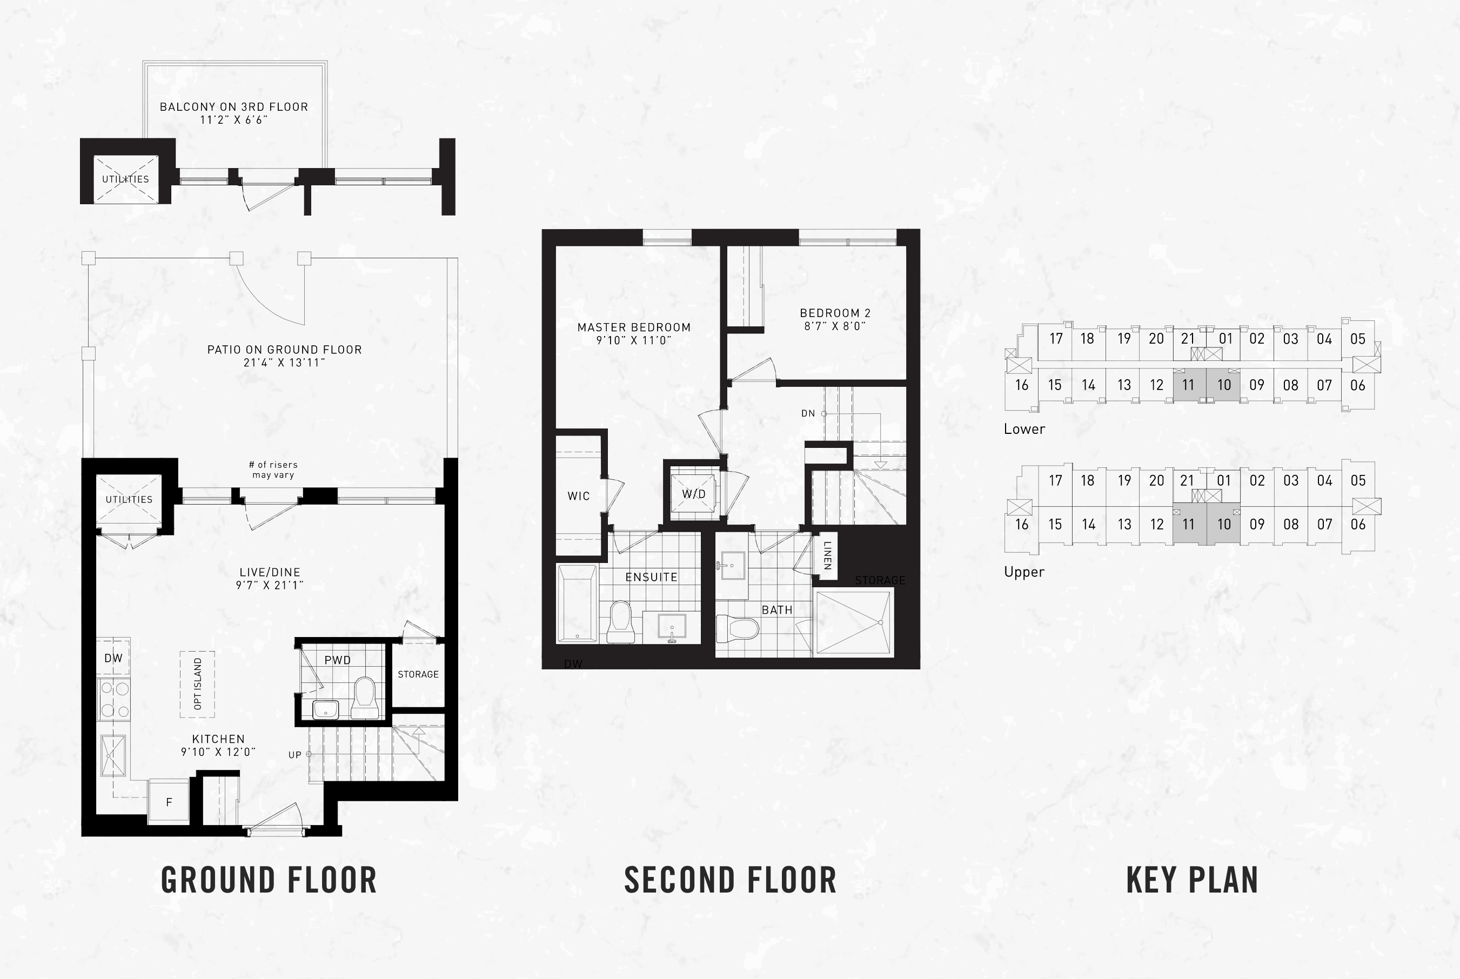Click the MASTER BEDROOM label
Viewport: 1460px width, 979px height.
[x=634, y=327]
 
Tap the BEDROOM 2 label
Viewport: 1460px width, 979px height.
[x=835, y=313]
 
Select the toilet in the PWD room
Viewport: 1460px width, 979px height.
[x=364, y=698]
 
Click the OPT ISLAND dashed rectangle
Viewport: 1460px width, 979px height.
[x=197, y=685]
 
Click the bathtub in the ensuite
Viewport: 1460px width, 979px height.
[x=577, y=604]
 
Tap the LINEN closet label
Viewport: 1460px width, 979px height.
[x=827, y=555]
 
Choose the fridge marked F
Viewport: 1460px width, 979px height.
[x=169, y=801]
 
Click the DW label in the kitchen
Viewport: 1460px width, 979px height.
[x=113, y=658]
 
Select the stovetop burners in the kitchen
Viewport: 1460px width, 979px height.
[x=113, y=699]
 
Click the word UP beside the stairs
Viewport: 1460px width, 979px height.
[x=294, y=755]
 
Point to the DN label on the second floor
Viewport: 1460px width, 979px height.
[x=808, y=413]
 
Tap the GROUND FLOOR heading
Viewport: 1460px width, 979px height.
[x=269, y=880]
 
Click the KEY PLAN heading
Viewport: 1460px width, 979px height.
[x=1192, y=880]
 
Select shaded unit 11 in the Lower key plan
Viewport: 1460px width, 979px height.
[x=1189, y=385]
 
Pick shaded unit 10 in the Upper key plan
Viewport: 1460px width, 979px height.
[x=1223, y=525]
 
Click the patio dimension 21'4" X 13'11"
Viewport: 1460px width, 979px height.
[x=285, y=363]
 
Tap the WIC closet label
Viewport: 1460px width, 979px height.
[x=578, y=497]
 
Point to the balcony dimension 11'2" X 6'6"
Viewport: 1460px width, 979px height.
[x=234, y=120]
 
